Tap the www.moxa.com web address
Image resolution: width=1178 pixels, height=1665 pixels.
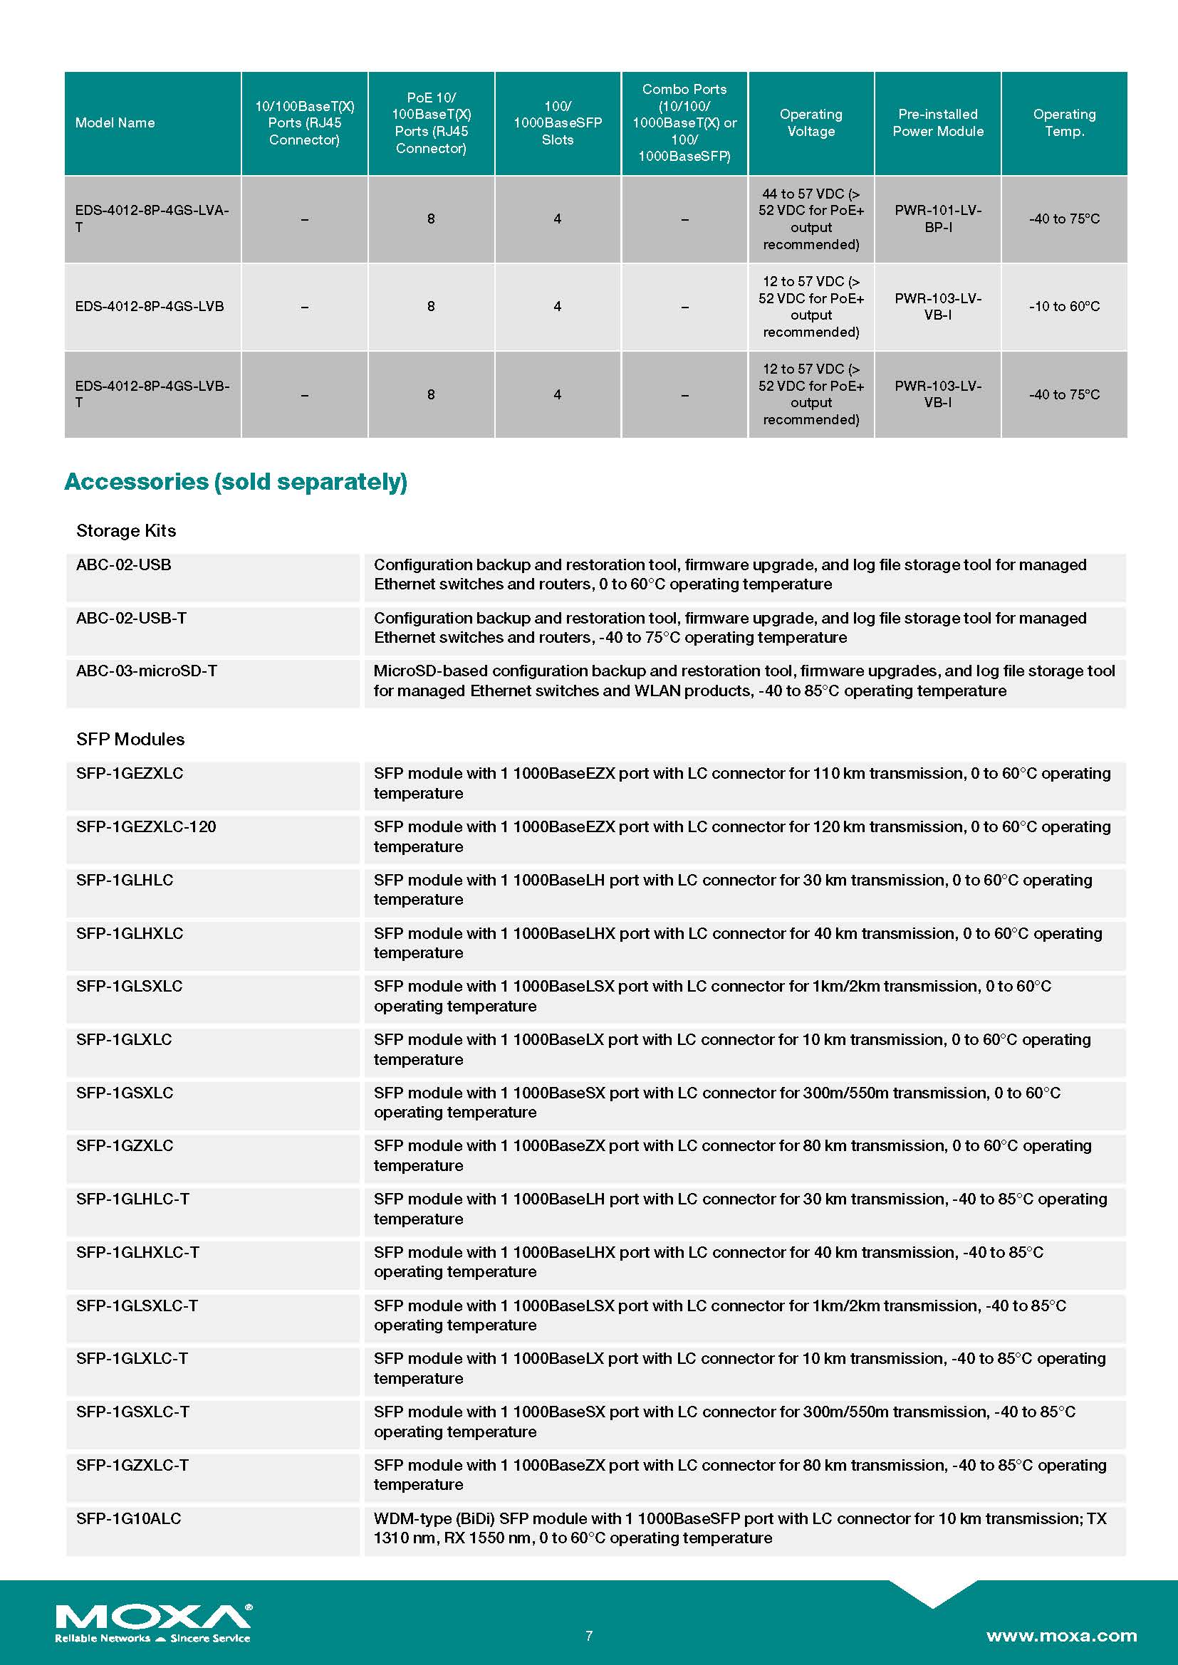[x=1060, y=1635]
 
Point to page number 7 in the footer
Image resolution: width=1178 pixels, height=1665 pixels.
[x=589, y=1635]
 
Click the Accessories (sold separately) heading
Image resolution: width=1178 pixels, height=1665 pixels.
[x=236, y=481]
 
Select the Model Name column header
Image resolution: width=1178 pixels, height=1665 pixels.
[x=115, y=123]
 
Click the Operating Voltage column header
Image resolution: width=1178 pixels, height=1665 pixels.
[x=811, y=123]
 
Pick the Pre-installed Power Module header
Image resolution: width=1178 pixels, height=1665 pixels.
[x=937, y=123]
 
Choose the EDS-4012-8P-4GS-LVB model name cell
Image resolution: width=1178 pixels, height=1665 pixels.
[x=150, y=307]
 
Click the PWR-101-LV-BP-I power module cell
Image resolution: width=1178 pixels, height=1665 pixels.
[x=937, y=219]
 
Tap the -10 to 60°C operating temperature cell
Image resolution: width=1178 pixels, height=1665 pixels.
[x=1063, y=307]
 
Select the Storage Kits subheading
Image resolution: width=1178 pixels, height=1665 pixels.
[x=126, y=531]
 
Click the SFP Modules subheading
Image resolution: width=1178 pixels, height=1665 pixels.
[x=130, y=739]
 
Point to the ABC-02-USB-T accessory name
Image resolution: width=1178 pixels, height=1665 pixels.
[x=131, y=618]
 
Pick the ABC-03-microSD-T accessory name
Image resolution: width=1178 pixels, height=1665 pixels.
[x=147, y=671]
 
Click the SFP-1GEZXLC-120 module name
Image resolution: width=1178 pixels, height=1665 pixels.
[x=146, y=826]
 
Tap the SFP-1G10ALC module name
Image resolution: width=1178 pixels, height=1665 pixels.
[x=128, y=1518]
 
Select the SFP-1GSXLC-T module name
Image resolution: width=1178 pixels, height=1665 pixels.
[x=132, y=1412]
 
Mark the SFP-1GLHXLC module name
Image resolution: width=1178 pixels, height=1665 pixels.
[x=130, y=933]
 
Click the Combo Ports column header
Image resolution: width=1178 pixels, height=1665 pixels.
[x=684, y=123]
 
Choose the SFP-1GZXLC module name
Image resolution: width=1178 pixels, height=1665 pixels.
[x=125, y=1146]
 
